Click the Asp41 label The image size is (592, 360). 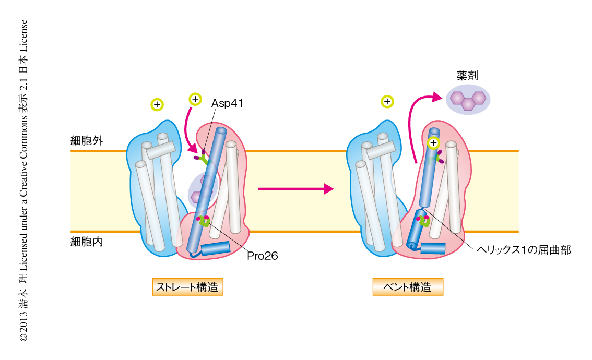coord(227,103)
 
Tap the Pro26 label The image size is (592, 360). coord(263,256)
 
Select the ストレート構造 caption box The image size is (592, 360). coord(188,287)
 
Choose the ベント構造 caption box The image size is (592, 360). coord(408,287)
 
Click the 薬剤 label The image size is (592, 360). coord(466,76)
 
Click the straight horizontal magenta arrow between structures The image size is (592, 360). coord(295,188)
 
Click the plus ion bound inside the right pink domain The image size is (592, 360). coord(433,142)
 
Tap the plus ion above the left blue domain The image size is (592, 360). coord(156,104)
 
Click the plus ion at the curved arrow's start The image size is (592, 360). coord(195,99)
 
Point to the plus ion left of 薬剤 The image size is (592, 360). coord(387,101)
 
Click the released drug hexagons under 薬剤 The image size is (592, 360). coord(468,99)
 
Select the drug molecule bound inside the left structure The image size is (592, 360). coord(200,189)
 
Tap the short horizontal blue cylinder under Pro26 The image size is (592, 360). coord(215,249)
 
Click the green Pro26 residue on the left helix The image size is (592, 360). coord(205,221)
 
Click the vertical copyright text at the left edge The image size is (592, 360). coord(23,181)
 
